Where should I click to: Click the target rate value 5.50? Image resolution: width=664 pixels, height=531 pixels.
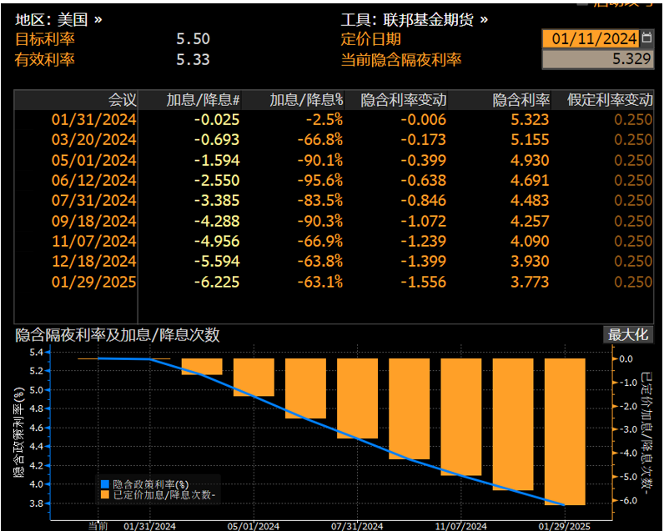tap(193, 39)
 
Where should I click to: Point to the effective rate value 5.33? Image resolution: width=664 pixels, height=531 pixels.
tap(193, 59)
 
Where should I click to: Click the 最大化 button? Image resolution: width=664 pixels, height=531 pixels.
tap(627, 335)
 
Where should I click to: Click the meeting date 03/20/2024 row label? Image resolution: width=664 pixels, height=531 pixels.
tap(94, 140)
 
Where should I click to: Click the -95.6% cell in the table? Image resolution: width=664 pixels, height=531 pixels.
tap(322, 180)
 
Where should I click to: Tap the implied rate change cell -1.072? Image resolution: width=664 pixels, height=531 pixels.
tap(423, 221)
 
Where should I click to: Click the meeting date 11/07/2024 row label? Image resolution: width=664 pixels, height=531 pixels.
tap(94, 241)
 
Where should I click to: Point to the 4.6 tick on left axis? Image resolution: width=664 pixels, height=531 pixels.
tap(36, 426)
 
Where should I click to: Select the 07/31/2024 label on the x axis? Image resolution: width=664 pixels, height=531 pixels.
tap(356, 525)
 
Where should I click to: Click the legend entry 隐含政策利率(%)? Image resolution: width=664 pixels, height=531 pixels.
tap(150, 483)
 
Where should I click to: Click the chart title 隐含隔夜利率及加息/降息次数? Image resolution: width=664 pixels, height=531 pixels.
tap(118, 335)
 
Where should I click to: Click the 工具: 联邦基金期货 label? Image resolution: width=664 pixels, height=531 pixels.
tap(414, 19)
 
